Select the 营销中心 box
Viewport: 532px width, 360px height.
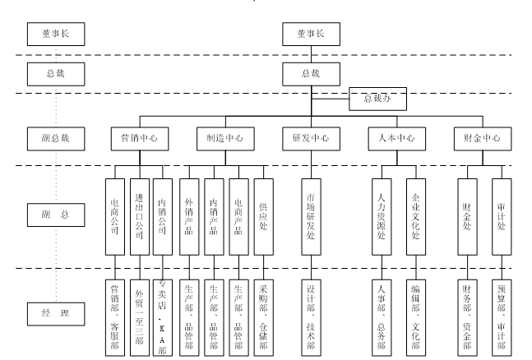click(x=135, y=137)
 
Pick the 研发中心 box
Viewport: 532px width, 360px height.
click(x=310, y=137)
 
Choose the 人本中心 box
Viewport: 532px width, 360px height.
click(x=398, y=137)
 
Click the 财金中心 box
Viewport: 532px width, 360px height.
click(x=482, y=137)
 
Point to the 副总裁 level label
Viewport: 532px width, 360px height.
click(x=54, y=137)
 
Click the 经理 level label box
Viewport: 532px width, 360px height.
click(x=54, y=314)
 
